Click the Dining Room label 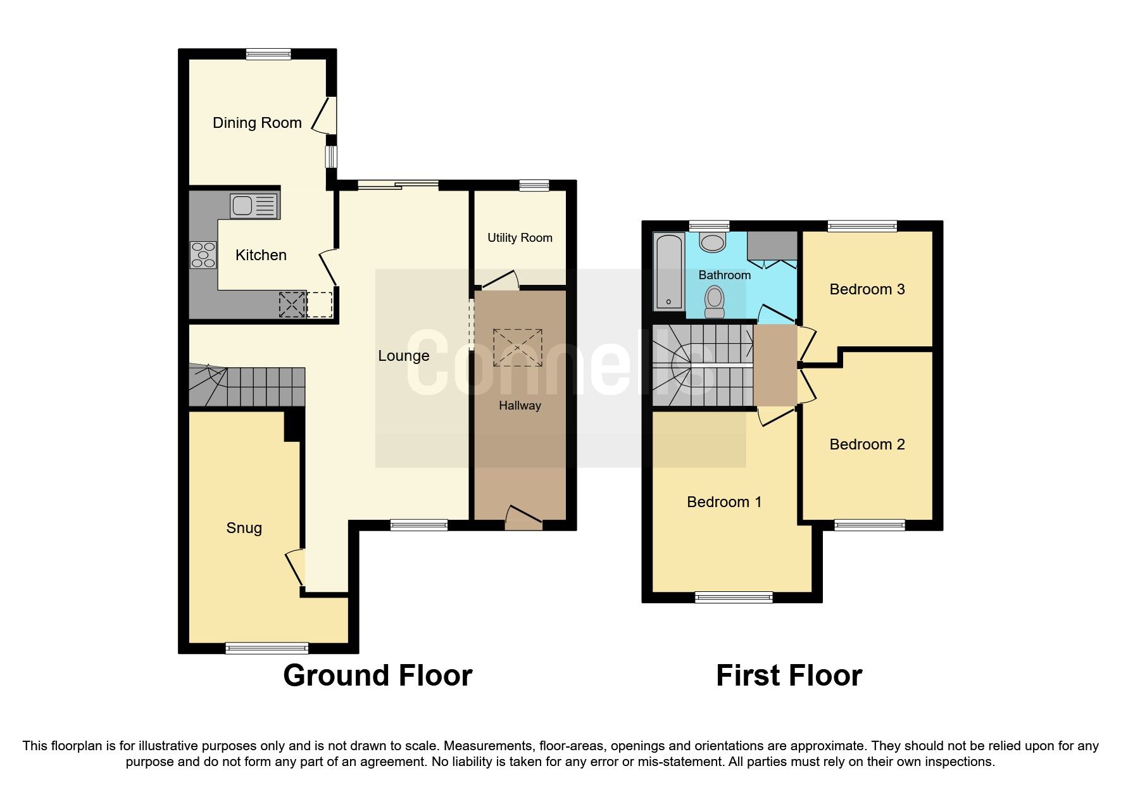(x=257, y=123)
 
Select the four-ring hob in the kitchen (x=203, y=255)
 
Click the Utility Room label (x=520, y=238)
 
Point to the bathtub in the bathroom (x=669, y=271)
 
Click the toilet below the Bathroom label (x=715, y=301)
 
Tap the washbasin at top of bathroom (x=713, y=242)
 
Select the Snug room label (x=244, y=528)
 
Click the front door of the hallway (x=523, y=517)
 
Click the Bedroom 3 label (x=867, y=289)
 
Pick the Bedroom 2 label (x=867, y=444)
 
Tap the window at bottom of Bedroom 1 (x=734, y=597)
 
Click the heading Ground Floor (x=377, y=675)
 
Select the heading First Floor (x=789, y=675)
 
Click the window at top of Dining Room (x=268, y=54)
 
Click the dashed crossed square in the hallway (x=517, y=348)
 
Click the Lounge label (x=403, y=356)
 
